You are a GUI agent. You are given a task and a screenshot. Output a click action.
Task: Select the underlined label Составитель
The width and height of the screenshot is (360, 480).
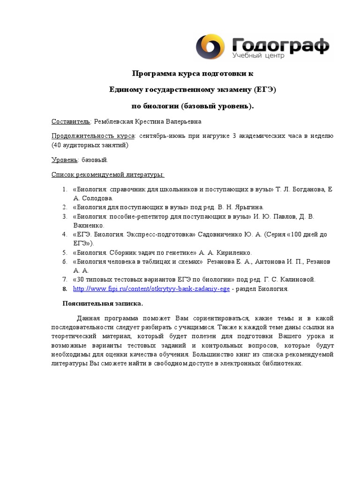pyautogui.click(x=70, y=122)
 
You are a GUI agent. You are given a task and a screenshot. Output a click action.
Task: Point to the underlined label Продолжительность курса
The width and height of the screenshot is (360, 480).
pyautogui.click(x=93, y=136)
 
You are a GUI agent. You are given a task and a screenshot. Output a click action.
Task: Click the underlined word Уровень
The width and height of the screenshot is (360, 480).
pyautogui.click(x=64, y=160)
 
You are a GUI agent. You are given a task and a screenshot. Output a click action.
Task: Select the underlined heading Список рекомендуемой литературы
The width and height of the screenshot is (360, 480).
pyautogui.click(x=108, y=175)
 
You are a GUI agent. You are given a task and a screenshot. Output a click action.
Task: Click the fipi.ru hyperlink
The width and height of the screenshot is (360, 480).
pyautogui.click(x=151, y=289)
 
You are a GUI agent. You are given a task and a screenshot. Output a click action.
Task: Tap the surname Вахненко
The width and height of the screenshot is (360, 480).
pyautogui.click(x=89, y=225)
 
